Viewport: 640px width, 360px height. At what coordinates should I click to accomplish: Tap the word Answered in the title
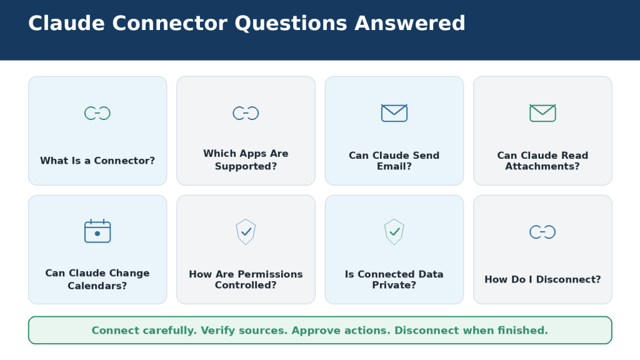[410, 23]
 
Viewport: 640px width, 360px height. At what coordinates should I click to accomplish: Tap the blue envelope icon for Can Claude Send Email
[394, 113]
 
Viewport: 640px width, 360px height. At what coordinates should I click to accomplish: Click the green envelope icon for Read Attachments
[542, 113]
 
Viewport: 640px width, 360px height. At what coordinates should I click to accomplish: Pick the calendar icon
[97, 231]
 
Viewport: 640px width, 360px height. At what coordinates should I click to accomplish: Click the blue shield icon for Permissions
[246, 232]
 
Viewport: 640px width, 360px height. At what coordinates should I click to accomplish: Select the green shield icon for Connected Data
[394, 232]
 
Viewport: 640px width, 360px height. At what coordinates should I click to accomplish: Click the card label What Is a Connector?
[97, 161]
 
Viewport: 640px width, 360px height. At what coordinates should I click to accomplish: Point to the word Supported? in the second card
[246, 166]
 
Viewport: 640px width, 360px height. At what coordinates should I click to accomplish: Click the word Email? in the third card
[394, 166]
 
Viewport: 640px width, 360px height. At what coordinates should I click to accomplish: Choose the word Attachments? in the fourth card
[542, 166]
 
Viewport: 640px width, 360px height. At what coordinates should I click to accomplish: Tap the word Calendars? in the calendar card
[97, 286]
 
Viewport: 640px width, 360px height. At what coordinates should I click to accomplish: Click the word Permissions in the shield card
[270, 274]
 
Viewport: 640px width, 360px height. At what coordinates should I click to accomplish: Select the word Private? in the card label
[394, 285]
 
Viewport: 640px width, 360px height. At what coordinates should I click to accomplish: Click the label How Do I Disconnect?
[542, 279]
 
